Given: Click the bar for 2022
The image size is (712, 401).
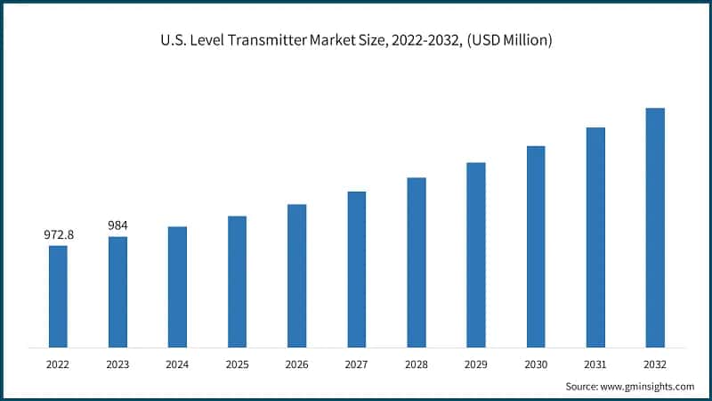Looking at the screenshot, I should (58, 296).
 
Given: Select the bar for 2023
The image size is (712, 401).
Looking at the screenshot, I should (117, 291).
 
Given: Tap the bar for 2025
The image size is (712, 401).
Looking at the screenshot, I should (237, 281).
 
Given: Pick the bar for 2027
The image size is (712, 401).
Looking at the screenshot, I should (356, 268).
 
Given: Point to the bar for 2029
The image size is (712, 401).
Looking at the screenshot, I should (475, 254).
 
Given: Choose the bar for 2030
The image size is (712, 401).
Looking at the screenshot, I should (535, 246).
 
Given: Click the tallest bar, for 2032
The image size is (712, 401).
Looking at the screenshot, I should (654, 227).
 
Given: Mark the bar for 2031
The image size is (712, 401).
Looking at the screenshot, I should (595, 237).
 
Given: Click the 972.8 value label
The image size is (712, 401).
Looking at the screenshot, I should (59, 234).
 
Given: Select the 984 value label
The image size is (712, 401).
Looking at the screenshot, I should (118, 225).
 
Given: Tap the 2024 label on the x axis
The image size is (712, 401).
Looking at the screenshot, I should (177, 364).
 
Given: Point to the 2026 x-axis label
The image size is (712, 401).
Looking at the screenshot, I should (296, 364).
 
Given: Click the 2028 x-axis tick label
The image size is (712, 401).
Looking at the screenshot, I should (416, 364).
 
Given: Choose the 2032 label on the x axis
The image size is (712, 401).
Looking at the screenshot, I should (654, 364).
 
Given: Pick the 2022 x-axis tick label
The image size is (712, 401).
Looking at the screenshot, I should (58, 364).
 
